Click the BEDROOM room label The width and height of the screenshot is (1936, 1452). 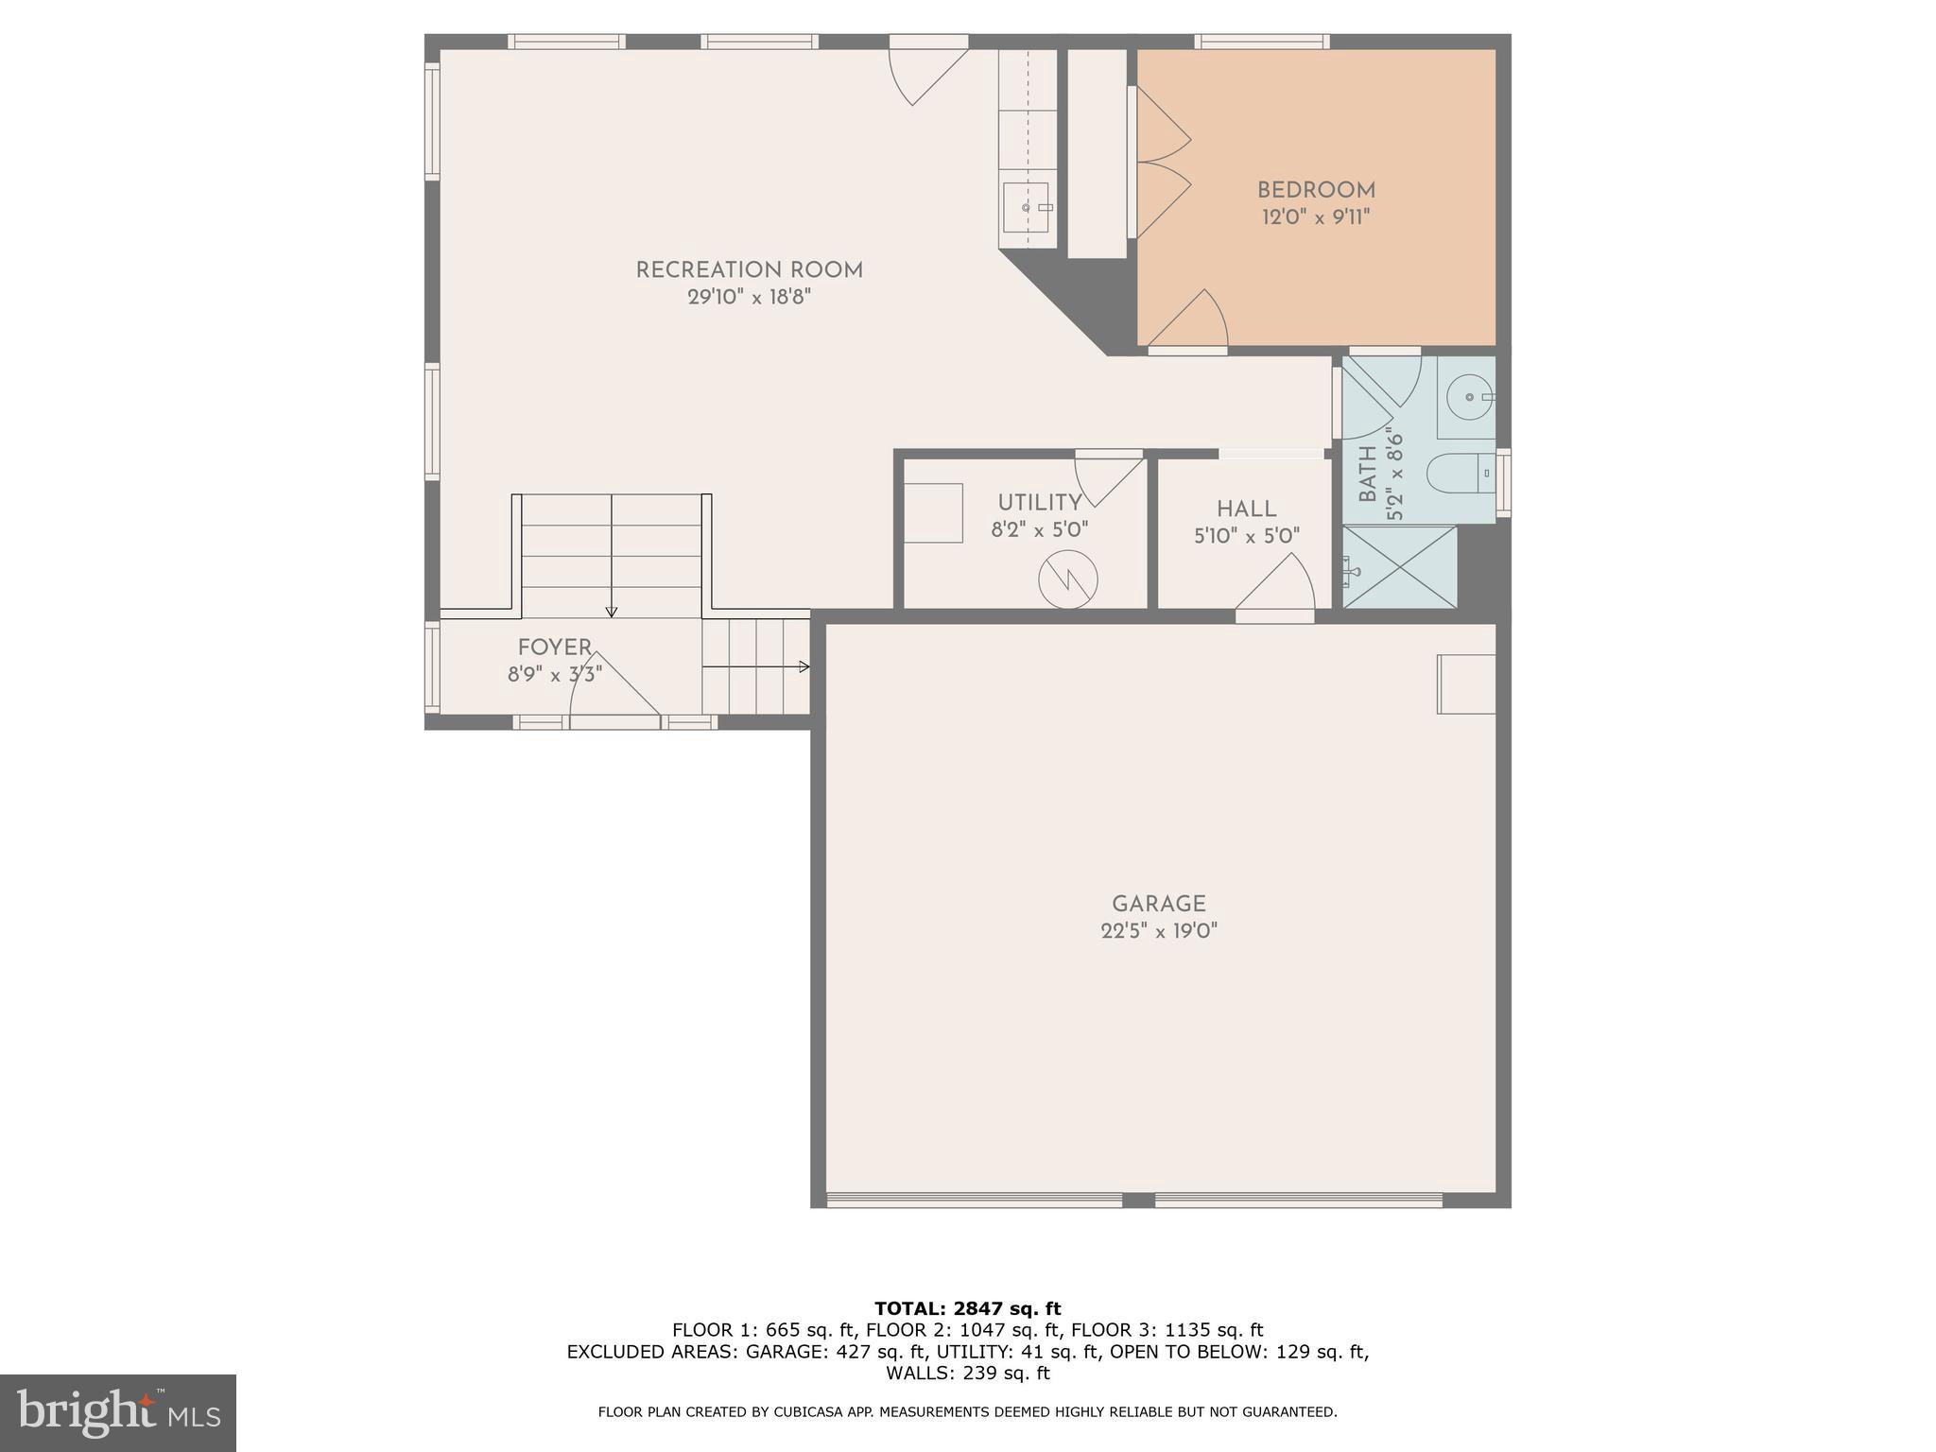tap(1315, 190)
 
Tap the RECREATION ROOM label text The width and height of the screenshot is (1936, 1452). tap(749, 270)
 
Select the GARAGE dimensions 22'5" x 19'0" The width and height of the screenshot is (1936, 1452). tap(1158, 931)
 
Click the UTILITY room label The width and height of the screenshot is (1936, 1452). tap(1039, 503)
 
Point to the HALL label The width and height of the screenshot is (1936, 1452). tap(1246, 510)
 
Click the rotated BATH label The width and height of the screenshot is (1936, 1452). tap(1367, 475)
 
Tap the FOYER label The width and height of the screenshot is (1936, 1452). tap(554, 648)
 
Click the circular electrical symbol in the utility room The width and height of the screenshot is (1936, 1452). tap(1067, 580)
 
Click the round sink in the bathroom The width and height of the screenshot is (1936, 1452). tap(1469, 397)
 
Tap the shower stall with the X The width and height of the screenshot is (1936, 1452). tap(1400, 567)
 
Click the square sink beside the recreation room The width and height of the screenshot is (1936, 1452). tap(1026, 207)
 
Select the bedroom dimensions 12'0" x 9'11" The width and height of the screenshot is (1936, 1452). tap(1315, 217)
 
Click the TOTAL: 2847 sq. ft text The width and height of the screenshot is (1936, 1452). tap(967, 1308)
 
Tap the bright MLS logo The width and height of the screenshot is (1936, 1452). tap(118, 1412)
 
